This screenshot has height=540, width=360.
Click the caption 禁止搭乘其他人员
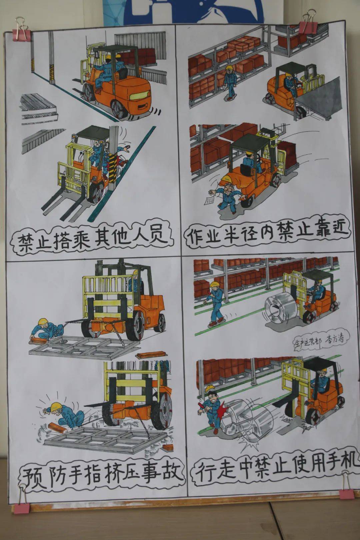coord(92,239)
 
